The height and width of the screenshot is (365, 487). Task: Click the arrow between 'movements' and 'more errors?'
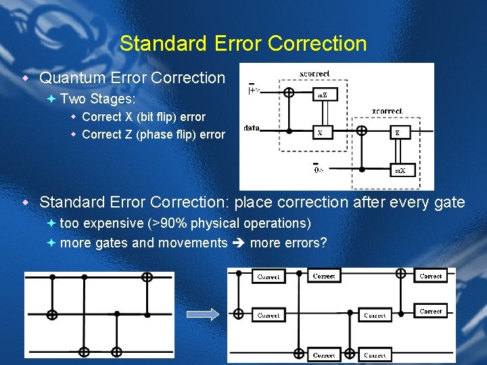(238, 243)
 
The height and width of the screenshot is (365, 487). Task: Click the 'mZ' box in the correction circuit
(323, 95)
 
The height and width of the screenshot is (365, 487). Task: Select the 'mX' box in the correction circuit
(400, 170)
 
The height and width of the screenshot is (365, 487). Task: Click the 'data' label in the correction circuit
(252, 128)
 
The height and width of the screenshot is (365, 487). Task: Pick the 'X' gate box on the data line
(320, 132)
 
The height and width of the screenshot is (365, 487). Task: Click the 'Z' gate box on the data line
(397, 132)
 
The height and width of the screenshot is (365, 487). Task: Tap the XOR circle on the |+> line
(289, 93)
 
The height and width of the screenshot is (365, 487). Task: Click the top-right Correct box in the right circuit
(431, 276)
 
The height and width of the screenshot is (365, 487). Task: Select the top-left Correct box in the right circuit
(269, 277)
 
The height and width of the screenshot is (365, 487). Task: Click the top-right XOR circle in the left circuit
(147, 276)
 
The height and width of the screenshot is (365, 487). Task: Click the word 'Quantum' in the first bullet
(68, 78)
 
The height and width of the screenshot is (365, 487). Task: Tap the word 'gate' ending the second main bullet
(449, 202)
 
